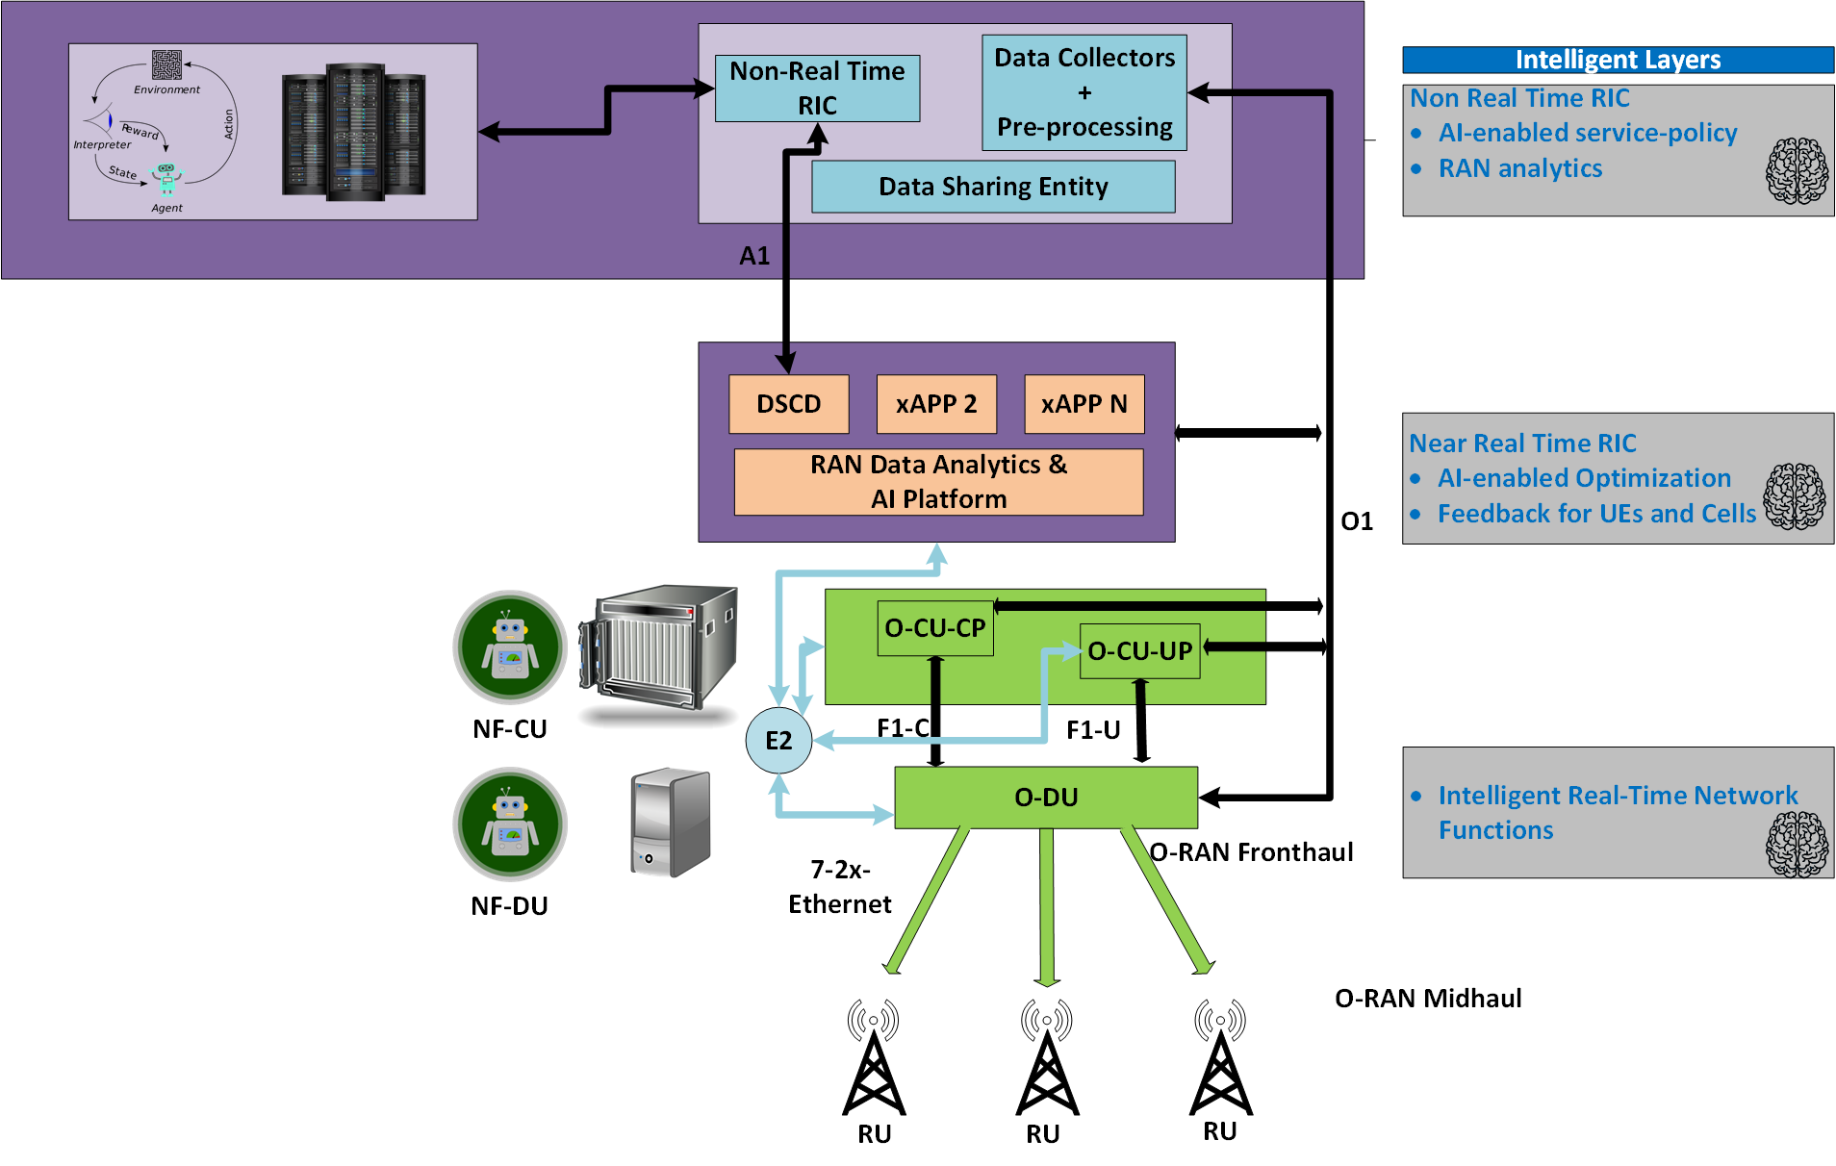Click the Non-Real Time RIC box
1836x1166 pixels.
(x=817, y=89)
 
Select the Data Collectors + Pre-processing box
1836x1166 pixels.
(x=1084, y=92)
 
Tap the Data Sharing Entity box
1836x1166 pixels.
(x=993, y=187)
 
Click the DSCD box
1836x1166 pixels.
(x=788, y=404)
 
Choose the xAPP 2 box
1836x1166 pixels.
(x=936, y=404)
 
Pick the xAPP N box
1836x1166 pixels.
(x=1084, y=404)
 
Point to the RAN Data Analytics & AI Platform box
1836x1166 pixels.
(x=938, y=482)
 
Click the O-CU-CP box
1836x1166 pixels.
(x=934, y=628)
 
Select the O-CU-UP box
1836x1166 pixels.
(x=1139, y=651)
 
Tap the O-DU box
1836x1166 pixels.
(x=1046, y=798)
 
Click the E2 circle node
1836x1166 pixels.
(x=778, y=741)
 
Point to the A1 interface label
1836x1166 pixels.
(x=754, y=256)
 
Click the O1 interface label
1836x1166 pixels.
(x=1357, y=521)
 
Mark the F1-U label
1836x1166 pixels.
(x=1093, y=730)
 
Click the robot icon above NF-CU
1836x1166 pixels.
(x=510, y=647)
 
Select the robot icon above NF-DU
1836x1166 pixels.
(x=510, y=824)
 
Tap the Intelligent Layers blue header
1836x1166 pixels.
(x=1618, y=60)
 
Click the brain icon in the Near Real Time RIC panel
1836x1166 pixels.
(x=1795, y=496)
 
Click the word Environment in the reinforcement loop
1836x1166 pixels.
(x=166, y=89)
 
